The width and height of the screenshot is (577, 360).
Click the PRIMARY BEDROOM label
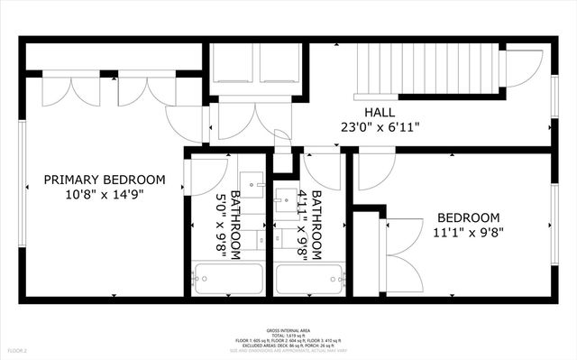[105, 180]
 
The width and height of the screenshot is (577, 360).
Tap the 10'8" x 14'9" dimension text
[105, 194]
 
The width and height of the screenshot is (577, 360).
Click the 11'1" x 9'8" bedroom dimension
[468, 233]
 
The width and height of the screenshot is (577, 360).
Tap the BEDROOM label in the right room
[468, 218]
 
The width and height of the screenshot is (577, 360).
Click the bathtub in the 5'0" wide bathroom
[227, 279]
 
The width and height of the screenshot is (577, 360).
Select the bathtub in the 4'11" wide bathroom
[309, 279]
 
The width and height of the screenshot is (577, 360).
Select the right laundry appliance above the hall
[282, 67]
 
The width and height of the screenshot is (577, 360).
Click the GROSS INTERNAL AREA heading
[288, 331]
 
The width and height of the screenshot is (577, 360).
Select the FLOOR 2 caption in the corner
[18, 349]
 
